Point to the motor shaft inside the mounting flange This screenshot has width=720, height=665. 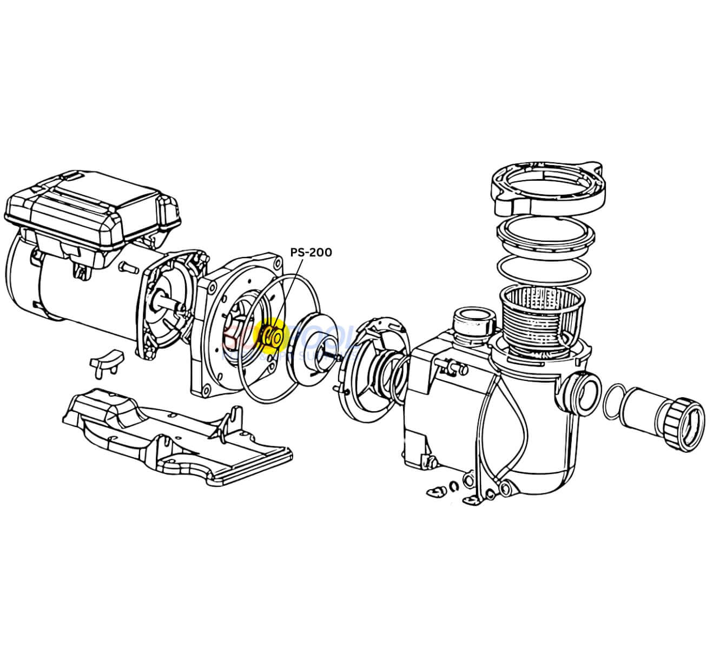[x=173, y=308]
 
